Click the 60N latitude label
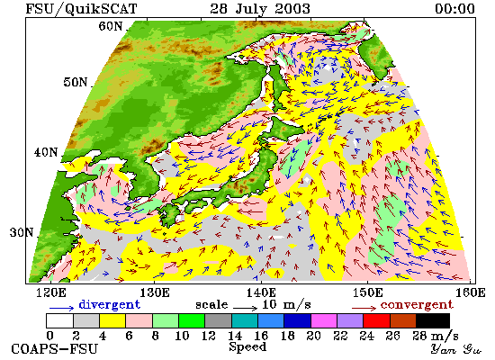tap(111, 26)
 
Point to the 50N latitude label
tap(75, 82)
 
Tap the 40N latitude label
tap(46, 152)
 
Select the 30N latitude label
tap(22, 232)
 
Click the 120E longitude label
tap(50, 292)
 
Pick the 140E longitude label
tap(261, 292)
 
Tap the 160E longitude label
tap(471, 292)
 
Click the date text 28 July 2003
tap(260, 9)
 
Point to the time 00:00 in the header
tap(454, 8)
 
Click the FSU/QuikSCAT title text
tap(81, 9)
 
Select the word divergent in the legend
tap(109, 304)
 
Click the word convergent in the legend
tap(417, 305)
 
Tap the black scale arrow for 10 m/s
tap(246, 307)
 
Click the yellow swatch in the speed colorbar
tap(112, 320)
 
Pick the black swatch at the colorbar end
tap(433, 320)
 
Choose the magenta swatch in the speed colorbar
tap(324, 320)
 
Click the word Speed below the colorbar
tap(247, 347)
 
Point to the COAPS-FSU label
tap(55, 348)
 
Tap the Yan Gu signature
tap(456, 349)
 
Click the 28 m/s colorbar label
tap(436, 336)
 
